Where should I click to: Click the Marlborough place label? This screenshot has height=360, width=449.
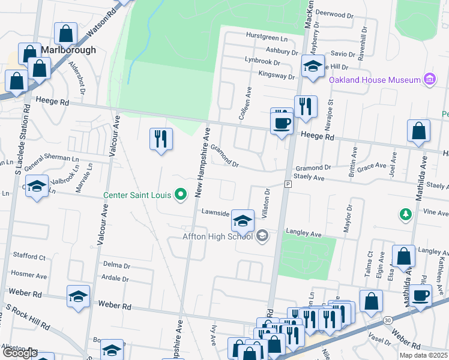68,50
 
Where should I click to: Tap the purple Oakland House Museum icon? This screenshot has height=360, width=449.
429,79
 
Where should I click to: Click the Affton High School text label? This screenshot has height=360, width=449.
217,236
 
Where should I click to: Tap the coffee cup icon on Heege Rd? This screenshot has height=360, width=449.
282,122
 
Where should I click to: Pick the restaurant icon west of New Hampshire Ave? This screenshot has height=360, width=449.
160,139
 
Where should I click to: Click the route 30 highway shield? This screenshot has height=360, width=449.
388,321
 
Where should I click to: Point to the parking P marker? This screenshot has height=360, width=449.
288,184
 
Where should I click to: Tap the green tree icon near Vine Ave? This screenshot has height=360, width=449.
406,214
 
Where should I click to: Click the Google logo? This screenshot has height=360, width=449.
20,353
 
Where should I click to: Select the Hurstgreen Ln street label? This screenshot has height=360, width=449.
267,35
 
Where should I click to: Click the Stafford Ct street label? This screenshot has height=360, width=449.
28,257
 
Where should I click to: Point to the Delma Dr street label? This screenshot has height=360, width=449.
116,265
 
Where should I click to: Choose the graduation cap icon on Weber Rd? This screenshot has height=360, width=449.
78,296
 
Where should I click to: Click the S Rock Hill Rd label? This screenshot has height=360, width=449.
28,317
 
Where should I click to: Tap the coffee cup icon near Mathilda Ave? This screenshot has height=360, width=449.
421,295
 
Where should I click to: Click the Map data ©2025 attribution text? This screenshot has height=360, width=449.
424,355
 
